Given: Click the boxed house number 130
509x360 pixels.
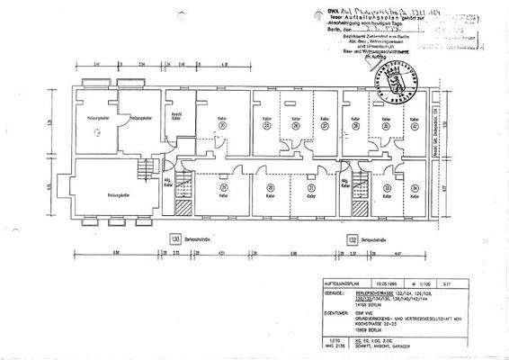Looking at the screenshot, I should click(176, 240).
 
